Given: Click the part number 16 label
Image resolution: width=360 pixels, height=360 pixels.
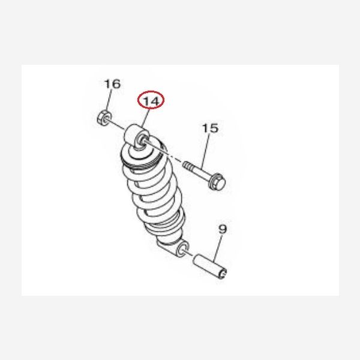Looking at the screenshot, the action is coord(112,84).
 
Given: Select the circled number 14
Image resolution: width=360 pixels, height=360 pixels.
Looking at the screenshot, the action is coord(151,101).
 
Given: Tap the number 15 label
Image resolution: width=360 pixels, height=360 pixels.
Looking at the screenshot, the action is coord(211,128).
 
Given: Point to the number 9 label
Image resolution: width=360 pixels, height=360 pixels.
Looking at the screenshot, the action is coord(223,229).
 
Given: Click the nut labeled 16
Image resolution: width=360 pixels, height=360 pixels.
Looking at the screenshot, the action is coord(104,118).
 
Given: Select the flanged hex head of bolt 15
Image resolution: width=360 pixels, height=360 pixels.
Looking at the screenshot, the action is coord(217,182).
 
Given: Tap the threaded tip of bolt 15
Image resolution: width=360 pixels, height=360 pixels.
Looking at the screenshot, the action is coord(187,165).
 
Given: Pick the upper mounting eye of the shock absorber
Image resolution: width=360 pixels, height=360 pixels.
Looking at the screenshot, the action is coord(137,137).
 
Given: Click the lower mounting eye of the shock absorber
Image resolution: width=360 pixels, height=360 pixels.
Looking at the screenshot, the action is coord(183,248).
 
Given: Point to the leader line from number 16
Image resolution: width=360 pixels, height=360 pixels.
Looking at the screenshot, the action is coord(109,100).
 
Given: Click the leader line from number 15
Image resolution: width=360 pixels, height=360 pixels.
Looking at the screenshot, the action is coord(206,151).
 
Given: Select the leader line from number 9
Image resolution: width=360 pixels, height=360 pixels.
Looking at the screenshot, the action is coord(218,248).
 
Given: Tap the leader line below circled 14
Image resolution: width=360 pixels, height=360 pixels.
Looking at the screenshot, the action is coord(146,118).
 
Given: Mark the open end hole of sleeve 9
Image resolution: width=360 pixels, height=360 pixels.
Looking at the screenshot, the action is coord(223,273).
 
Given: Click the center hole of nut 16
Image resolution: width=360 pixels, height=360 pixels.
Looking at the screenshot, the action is coord(106,118).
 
